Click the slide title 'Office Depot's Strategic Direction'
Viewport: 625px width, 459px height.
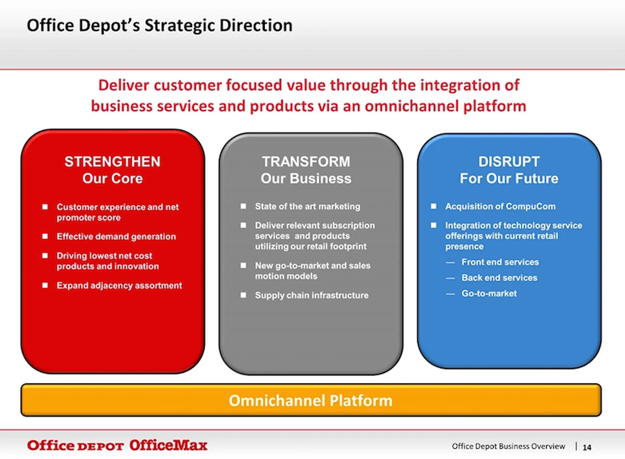pyautogui.click(x=160, y=25)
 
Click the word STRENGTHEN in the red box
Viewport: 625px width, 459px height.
pyautogui.click(x=112, y=162)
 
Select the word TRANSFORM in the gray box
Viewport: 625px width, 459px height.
pyautogui.click(x=306, y=162)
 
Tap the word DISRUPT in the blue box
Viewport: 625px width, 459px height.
pyautogui.click(x=509, y=162)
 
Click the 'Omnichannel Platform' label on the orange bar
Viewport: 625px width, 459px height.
pyautogui.click(x=310, y=400)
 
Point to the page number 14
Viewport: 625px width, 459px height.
pyautogui.click(x=587, y=448)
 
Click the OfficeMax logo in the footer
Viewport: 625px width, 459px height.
pyautogui.click(x=168, y=445)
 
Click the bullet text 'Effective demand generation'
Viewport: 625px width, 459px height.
pyautogui.click(x=116, y=236)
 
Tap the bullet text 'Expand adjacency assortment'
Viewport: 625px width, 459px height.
pyautogui.click(x=119, y=286)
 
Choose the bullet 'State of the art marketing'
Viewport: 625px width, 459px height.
pyautogui.click(x=307, y=207)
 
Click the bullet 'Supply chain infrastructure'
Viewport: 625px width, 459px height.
pyautogui.click(x=312, y=295)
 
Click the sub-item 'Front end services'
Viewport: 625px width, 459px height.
pyautogui.click(x=500, y=262)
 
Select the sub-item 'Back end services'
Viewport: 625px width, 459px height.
pyautogui.click(x=499, y=278)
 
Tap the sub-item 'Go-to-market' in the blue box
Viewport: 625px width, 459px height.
pyautogui.click(x=489, y=293)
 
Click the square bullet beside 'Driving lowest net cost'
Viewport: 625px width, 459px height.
pyautogui.click(x=45, y=256)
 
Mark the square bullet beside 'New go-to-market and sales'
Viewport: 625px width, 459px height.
pyautogui.click(x=243, y=265)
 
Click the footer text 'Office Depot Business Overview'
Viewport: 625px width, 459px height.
pyautogui.click(x=508, y=446)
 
